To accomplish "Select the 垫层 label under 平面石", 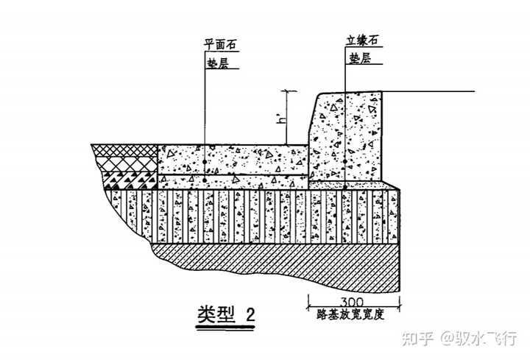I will pos(219,63).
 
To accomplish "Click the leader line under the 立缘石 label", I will pos(344,110).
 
